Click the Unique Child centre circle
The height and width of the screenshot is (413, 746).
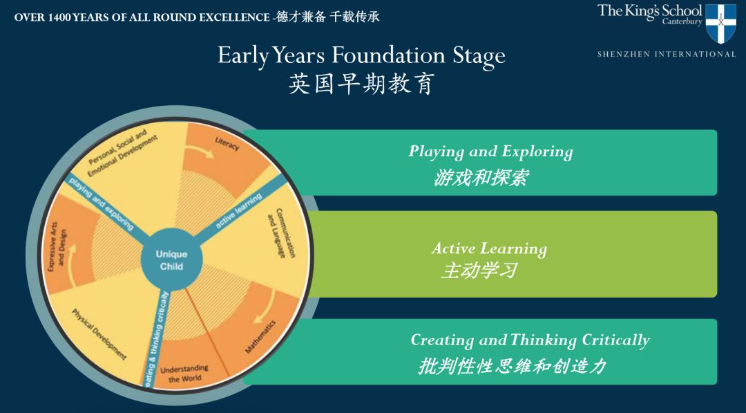point(172,259)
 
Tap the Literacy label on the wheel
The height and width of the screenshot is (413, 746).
point(227,143)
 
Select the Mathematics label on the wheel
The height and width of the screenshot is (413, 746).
point(260,337)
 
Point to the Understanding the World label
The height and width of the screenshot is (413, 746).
point(184,374)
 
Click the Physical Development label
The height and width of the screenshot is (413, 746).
point(99,334)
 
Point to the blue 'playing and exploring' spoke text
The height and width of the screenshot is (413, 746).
point(101,203)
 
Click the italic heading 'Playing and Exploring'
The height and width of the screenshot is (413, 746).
point(490,152)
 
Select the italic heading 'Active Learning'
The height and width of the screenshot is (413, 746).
point(489,248)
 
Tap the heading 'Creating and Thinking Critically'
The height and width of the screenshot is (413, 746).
point(530,340)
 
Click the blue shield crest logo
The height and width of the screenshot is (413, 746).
point(720,24)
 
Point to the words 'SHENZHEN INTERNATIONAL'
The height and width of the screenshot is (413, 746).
point(667,54)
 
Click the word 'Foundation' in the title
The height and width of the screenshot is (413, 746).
point(388,55)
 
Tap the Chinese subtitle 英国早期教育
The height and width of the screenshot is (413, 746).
point(361,84)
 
